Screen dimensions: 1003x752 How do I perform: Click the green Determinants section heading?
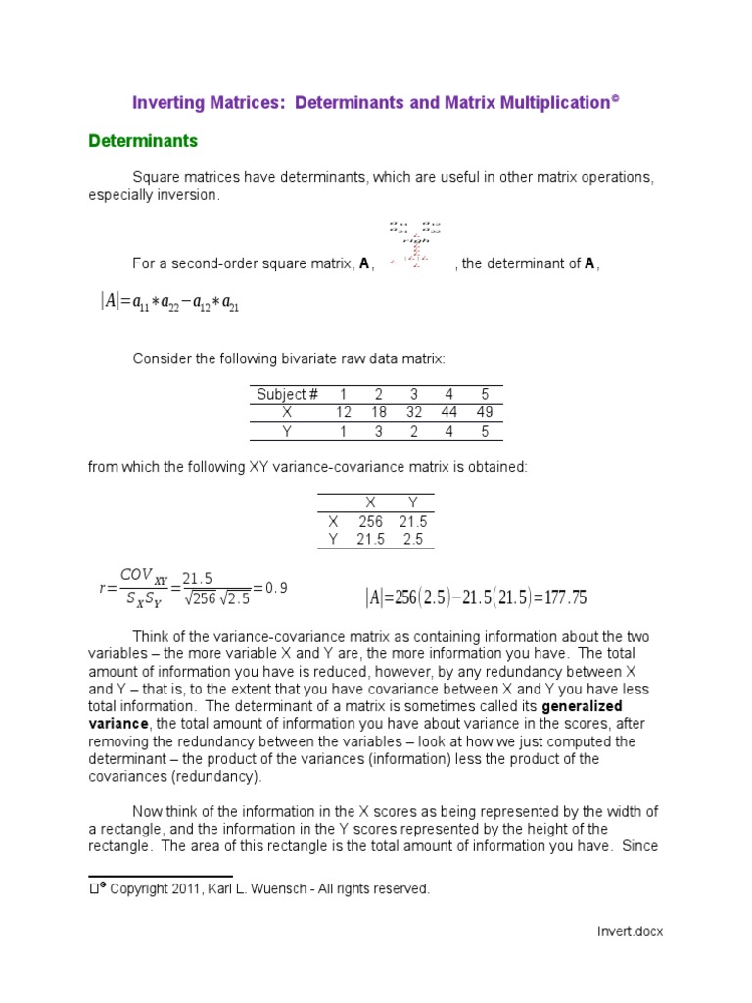[x=143, y=141]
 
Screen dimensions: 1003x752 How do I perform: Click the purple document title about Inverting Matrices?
[x=376, y=102]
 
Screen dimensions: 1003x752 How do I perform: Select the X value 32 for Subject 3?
[x=414, y=412]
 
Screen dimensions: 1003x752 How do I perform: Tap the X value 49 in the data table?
[x=485, y=412]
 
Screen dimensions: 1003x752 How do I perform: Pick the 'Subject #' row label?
[x=287, y=395]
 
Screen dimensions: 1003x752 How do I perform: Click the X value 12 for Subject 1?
[x=344, y=412]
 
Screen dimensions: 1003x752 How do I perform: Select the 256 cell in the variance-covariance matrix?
[x=371, y=522]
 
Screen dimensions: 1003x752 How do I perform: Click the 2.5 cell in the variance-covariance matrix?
[x=412, y=540]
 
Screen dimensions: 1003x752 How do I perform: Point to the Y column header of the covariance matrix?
[x=412, y=503]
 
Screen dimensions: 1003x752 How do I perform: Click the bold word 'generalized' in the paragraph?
[x=582, y=706]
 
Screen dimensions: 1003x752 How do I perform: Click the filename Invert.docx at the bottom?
[x=630, y=931]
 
